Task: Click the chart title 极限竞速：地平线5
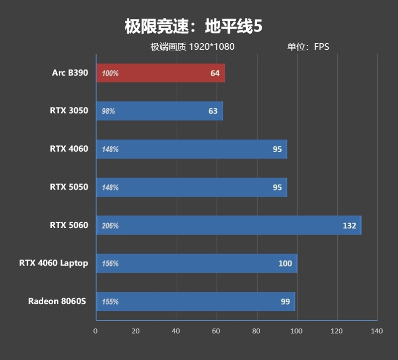193,26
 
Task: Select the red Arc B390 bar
160,73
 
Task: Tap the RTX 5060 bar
228,225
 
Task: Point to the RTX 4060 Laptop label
54,263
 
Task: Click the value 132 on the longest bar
349,226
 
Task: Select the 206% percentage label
110,226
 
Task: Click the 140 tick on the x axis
377,331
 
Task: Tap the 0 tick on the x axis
96,331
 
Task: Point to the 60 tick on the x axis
216,331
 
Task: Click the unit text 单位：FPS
308,47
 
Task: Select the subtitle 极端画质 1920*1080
193,47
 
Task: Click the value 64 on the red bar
215,74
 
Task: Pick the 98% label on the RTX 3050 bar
108,111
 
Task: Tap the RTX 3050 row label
69,110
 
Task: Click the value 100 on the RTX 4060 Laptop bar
285,264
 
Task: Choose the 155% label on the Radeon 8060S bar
110,302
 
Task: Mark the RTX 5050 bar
192,187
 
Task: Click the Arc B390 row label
70,73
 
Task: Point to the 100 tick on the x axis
297,331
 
